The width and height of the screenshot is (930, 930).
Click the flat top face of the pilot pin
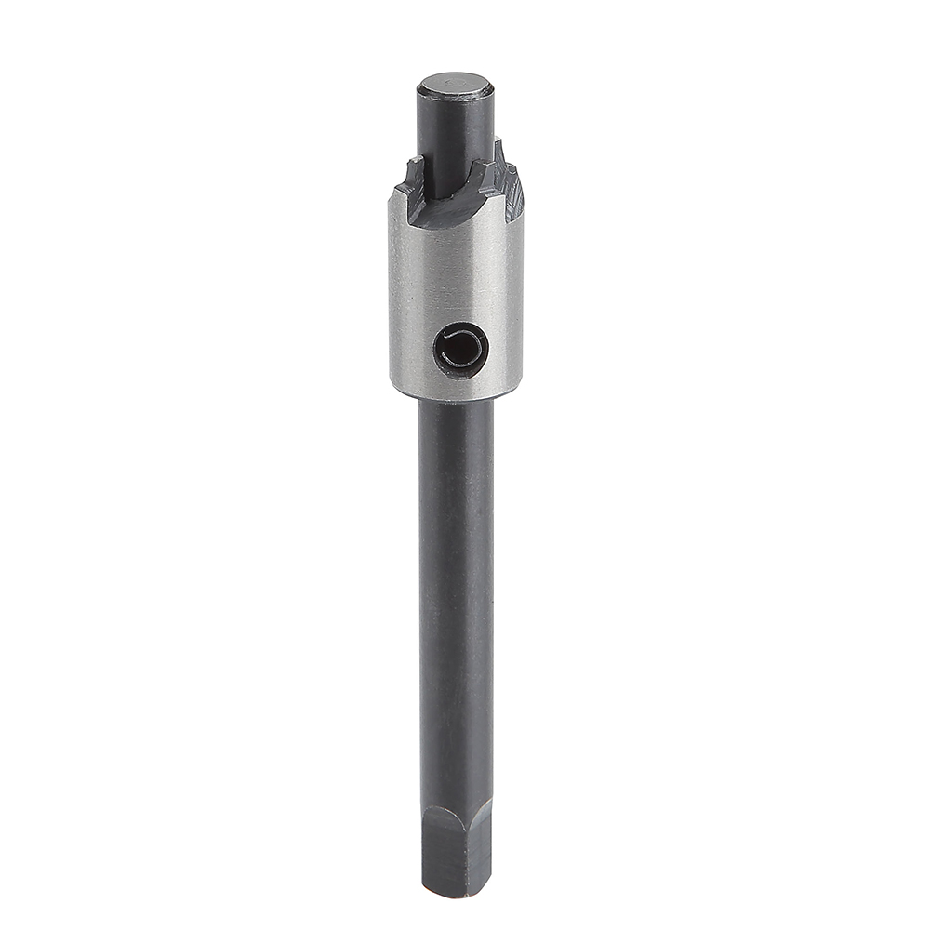coord(455,86)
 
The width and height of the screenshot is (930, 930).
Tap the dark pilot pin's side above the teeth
coord(455,130)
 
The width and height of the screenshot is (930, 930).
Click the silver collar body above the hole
coord(456,270)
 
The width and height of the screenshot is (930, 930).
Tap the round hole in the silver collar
coord(460,350)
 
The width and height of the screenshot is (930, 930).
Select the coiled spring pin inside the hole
coord(462,349)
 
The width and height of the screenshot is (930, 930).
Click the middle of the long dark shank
coord(456,604)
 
